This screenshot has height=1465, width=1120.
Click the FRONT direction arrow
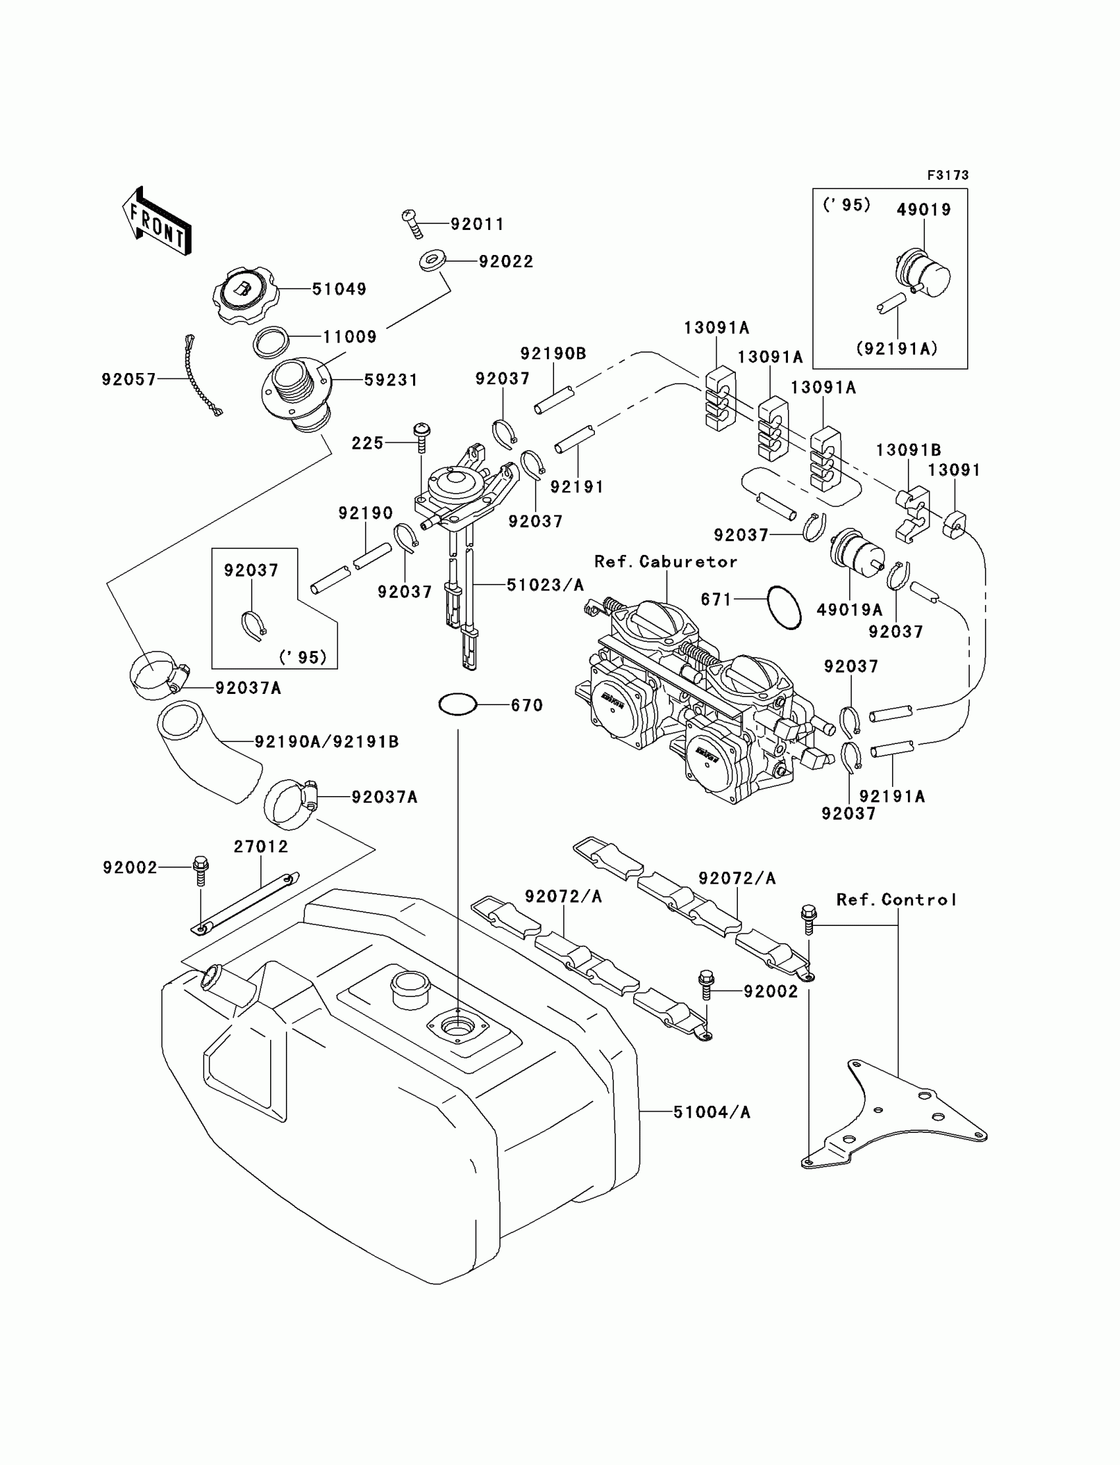(157, 222)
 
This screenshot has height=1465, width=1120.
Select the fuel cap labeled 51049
(242, 294)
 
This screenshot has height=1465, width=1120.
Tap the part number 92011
(477, 224)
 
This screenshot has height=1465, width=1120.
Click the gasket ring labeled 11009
(271, 341)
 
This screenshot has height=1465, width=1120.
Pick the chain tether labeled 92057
(202, 377)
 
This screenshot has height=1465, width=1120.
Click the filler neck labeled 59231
(295, 393)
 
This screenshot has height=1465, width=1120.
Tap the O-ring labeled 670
(457, 704)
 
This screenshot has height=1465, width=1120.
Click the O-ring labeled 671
(784, 607)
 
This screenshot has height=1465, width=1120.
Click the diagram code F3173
(947, 175)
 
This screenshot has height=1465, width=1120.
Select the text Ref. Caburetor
(665, 561)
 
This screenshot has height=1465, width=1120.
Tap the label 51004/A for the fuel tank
(712, 1112)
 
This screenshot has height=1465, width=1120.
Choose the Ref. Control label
(896, 900)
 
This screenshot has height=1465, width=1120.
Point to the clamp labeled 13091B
(912, 511)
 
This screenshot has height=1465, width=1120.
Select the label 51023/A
(545, 585)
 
